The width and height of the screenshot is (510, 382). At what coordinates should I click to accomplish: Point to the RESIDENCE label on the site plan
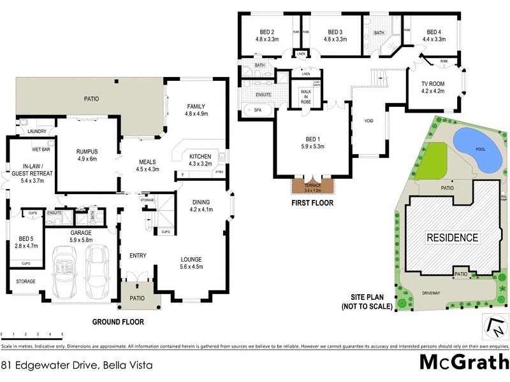pos(452,238)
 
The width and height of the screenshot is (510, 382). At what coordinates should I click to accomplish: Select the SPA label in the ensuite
pos(258,110)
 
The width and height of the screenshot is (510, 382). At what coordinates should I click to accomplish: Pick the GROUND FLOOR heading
pos(117,322)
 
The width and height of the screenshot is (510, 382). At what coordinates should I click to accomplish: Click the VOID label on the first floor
pos(368,121)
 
